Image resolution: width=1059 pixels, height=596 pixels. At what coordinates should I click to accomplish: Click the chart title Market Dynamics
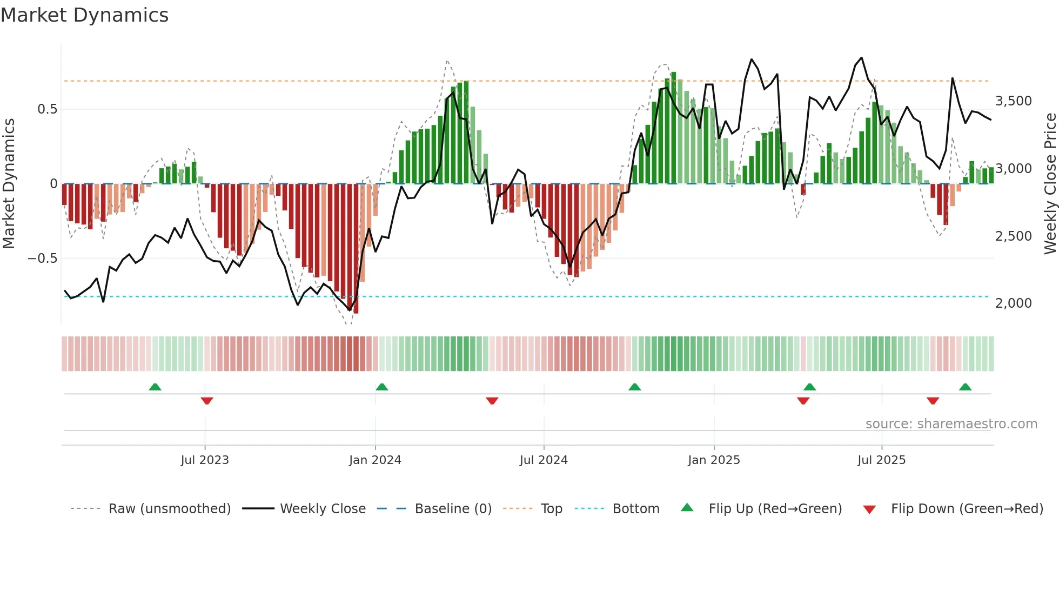[x=84, y=15]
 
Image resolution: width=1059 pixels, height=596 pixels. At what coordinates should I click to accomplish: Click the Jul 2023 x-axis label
[x=205, y=460]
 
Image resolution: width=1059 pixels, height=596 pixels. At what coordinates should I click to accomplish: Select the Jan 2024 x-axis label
[x=375, y=460]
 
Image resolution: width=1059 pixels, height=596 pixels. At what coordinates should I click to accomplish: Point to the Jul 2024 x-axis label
[x=544, y=460]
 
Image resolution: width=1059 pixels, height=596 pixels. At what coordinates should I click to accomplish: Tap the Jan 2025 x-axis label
[x=714, y=460]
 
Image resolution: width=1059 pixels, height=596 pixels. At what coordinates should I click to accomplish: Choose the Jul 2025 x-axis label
[x=881, y=460]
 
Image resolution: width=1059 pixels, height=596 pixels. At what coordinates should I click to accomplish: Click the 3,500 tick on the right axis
[x=1013, y=101]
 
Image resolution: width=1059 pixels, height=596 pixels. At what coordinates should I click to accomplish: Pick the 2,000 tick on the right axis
[x=1013, y=303]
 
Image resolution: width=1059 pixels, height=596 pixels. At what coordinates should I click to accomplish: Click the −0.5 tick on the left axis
[x=42, y=259]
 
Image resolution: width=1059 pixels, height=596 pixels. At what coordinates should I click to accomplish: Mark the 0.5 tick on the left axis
[x=47, y=109]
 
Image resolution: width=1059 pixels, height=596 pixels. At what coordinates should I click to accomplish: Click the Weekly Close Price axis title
[x=1050, y=183]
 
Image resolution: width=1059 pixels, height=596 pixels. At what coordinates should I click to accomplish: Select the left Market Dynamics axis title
[x=9, y=183]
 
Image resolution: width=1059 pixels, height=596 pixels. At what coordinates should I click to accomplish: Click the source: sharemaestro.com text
[x=951, y=424]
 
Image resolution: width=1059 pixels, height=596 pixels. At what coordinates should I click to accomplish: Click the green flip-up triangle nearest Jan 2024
[x=382, y=387]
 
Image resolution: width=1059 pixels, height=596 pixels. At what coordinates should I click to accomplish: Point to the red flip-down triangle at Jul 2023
[x=207, y=401]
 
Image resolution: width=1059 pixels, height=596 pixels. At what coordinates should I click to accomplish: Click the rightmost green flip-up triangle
[x=965, y=387]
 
